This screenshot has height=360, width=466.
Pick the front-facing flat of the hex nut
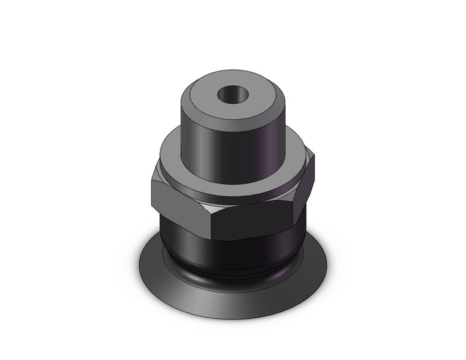(x=251, y=222)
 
